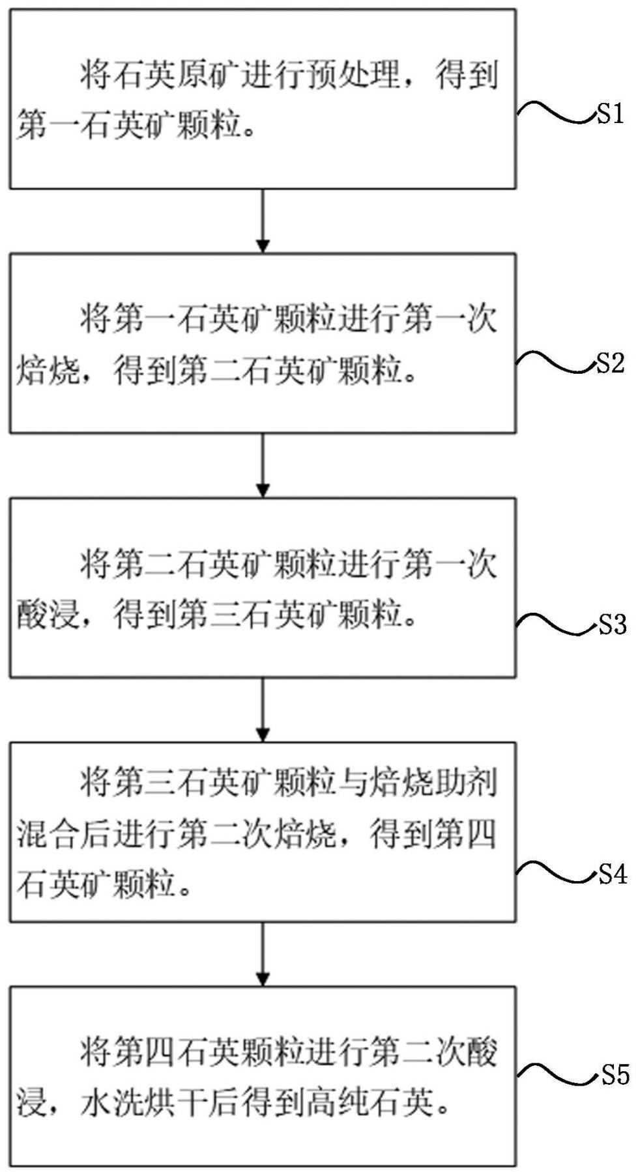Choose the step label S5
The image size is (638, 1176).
coord(614,1075)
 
